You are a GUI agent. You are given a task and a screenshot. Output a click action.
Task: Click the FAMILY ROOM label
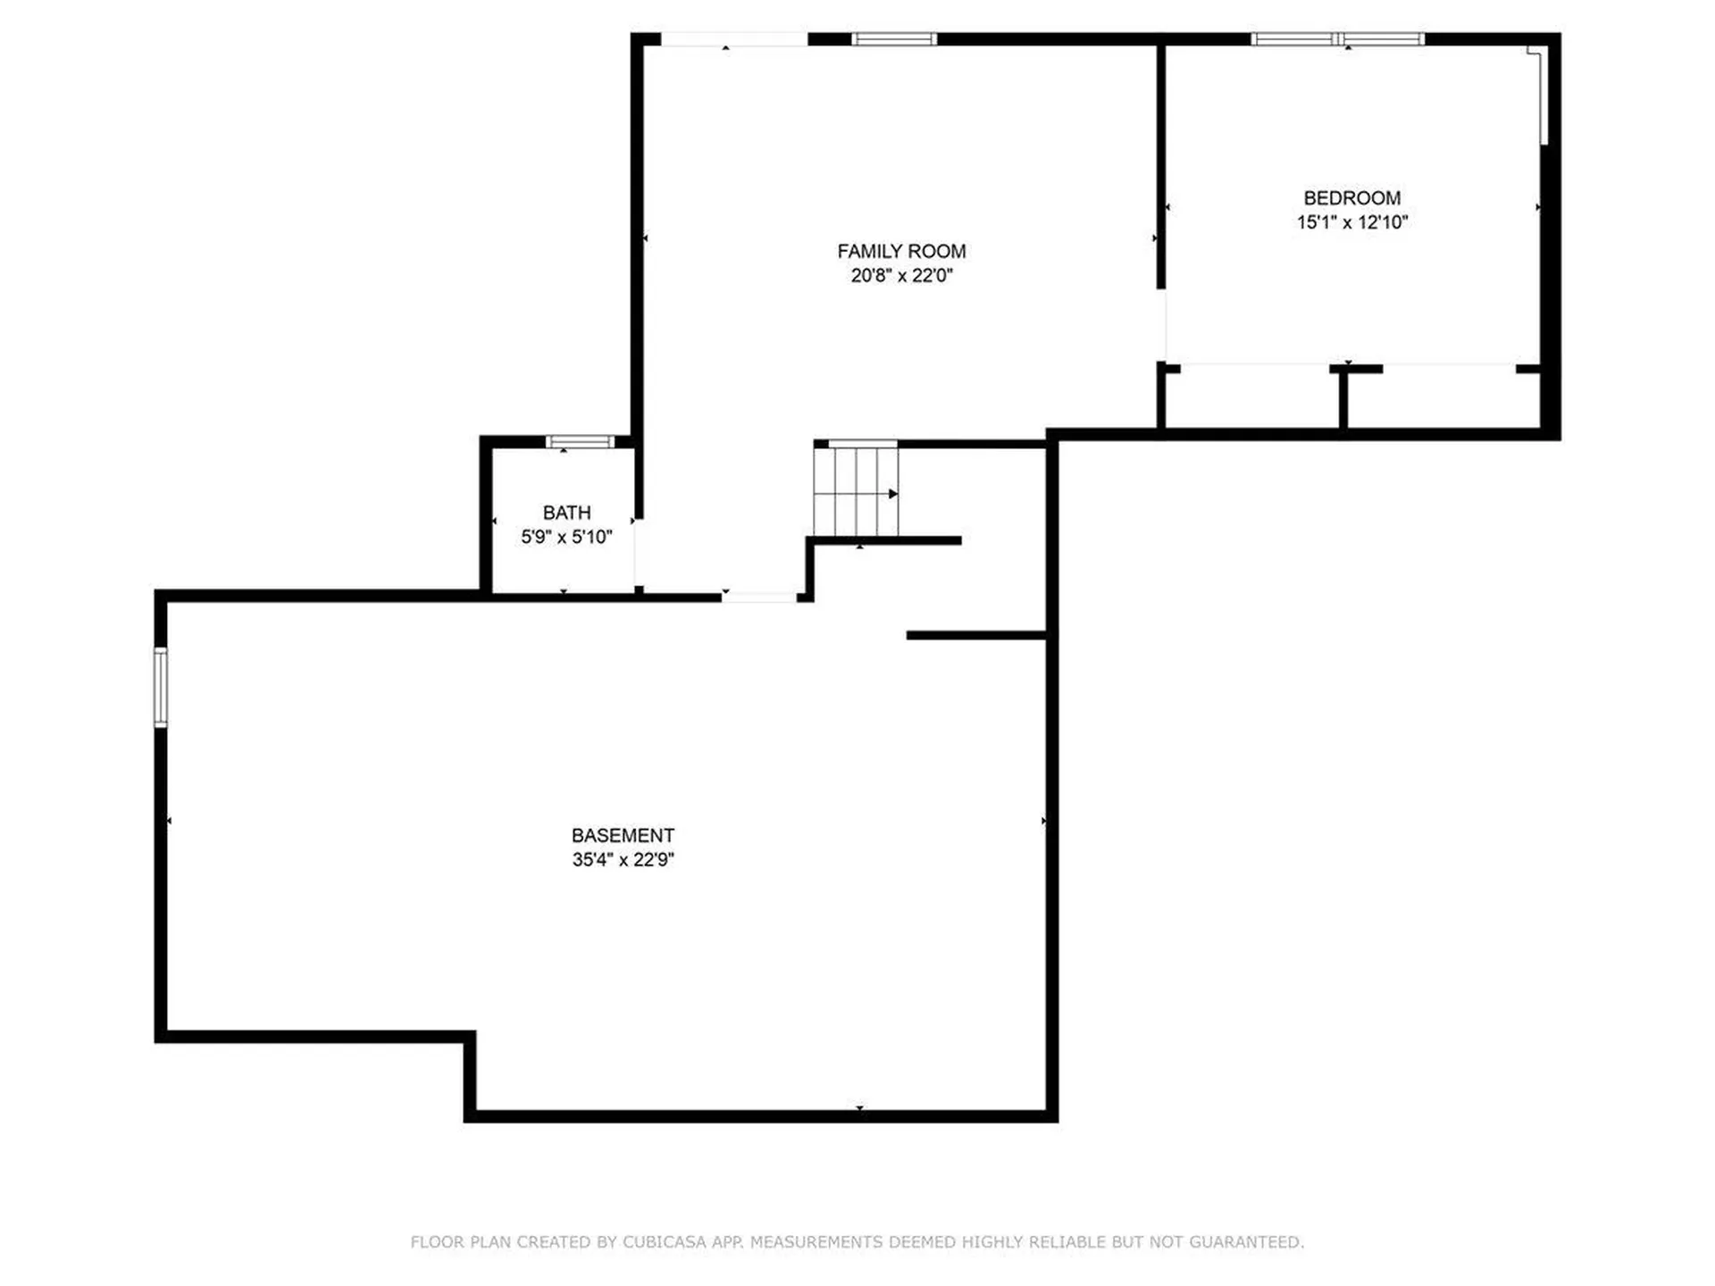tap(901, 252)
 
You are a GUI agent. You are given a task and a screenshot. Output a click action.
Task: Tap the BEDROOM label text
tap(1351, 198)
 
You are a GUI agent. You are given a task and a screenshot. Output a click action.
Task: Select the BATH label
tap(566, 513)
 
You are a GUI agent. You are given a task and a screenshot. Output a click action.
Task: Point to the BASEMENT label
tap(623, 836)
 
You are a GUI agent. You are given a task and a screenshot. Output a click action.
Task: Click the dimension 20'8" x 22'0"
tap(901, 276)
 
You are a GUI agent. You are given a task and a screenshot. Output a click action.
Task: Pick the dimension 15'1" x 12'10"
tap(1351, 222)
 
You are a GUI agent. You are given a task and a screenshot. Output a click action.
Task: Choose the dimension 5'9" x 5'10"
tap(566, 537)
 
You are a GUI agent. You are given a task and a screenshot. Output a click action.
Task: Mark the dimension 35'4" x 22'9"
tap(623, 860)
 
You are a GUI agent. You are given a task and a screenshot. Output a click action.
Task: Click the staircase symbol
tap(855, 491)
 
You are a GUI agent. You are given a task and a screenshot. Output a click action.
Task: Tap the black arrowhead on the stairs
tap(893, 494)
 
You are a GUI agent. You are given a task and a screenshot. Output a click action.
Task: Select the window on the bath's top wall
tap(580, 441)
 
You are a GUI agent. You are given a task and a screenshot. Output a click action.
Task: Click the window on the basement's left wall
tap(161, 687)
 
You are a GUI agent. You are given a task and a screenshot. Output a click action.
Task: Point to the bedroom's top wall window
tap(1337, 39)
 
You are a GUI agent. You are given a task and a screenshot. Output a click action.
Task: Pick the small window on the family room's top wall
tap(894, 39)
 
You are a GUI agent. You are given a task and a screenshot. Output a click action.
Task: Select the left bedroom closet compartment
tap(1251, 399)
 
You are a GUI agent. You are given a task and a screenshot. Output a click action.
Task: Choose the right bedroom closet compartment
tap(1443, 399)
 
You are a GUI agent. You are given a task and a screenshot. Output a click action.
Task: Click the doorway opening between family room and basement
tap(759, 597)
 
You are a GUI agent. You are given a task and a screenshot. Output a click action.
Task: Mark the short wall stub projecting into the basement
tap(975, 636)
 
